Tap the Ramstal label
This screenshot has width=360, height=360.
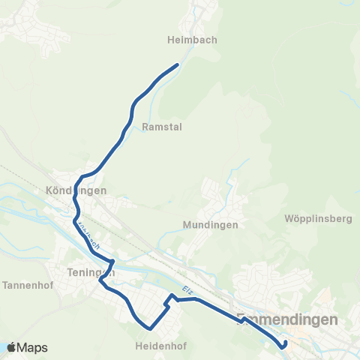click(x=161, y=127)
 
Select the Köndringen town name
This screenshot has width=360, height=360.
click(x=76, y=190)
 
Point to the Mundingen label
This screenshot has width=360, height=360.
click(x=210, y=224)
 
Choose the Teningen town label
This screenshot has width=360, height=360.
click(x=84, y=273)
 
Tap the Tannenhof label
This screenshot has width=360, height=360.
click(x=27, y=285)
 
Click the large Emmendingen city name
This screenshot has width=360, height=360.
click(x=287, y=319)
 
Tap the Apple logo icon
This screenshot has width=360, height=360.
click(x=12, y=347)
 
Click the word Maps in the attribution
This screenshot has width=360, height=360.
click(x=32, y=347)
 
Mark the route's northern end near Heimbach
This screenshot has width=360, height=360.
click(x=177, y=65)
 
